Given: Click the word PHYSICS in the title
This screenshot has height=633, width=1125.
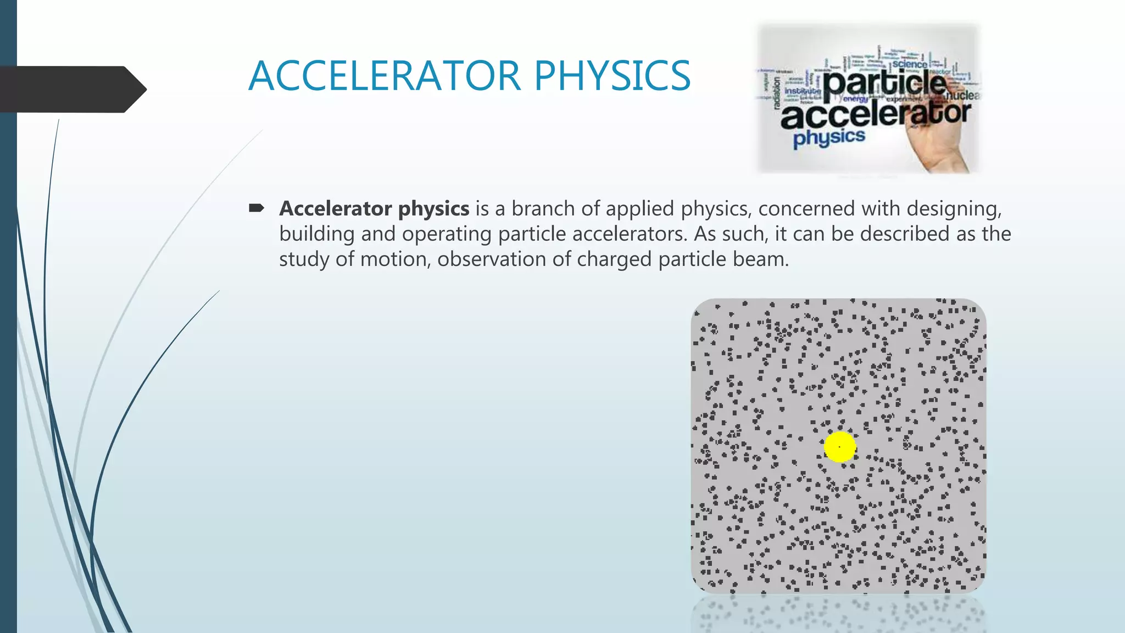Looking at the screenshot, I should [x=612, y=76].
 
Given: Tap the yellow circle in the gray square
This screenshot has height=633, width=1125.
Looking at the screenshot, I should [x=840, y=447].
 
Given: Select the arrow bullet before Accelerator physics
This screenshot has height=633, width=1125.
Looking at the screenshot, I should [x=257, y=208].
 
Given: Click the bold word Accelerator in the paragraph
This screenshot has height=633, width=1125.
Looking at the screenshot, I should [x=335, y=209].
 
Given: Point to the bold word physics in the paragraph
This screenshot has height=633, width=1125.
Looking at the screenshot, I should [x=433, y=209].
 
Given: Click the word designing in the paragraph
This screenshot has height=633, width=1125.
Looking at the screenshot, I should [x=954, y=209].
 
